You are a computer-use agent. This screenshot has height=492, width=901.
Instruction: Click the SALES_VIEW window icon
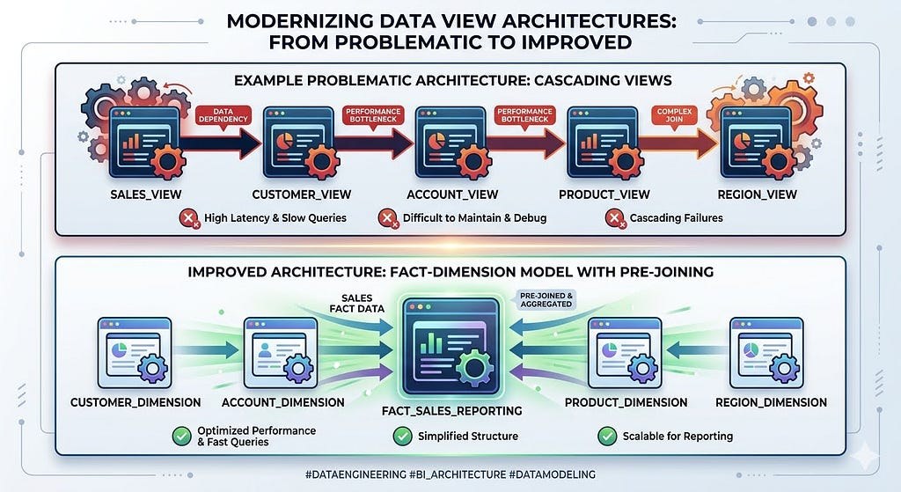(x=145, y=143)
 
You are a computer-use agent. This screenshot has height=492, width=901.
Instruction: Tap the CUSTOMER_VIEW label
(x=302, y=195)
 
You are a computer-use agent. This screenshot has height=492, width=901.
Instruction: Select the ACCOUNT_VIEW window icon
(x=452, y=143)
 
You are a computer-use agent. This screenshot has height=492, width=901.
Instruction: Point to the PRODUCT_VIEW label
(x=604, y=195)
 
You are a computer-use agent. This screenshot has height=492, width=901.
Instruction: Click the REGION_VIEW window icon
(x=757, y=143)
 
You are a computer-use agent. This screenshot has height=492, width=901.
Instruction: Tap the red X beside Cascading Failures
(x=615, y=218)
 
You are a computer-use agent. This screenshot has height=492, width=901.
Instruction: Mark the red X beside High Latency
(x=188, y=218)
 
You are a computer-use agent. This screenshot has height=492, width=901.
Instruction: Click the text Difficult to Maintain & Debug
(x=474, y=218)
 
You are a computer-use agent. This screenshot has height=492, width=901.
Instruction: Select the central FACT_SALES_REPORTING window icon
(x=451, y=346)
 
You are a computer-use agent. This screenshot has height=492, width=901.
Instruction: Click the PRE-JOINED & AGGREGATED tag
(x=546, y=299)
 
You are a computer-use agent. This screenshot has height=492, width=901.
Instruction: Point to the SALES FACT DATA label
(x=357, y=304)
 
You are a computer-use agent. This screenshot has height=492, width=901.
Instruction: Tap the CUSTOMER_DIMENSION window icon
(x=135, y=353)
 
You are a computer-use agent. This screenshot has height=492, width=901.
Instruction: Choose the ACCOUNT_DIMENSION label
(x=282, y=402)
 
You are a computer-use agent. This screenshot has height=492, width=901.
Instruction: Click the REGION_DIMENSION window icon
(x=766, y=353)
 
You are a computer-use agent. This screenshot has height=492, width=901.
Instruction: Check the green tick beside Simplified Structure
(x=402, y=436)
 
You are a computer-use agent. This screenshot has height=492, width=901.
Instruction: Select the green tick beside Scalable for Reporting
(x=607, y=436)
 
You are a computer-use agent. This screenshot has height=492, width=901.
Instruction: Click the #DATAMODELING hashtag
(x=553, y=474)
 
